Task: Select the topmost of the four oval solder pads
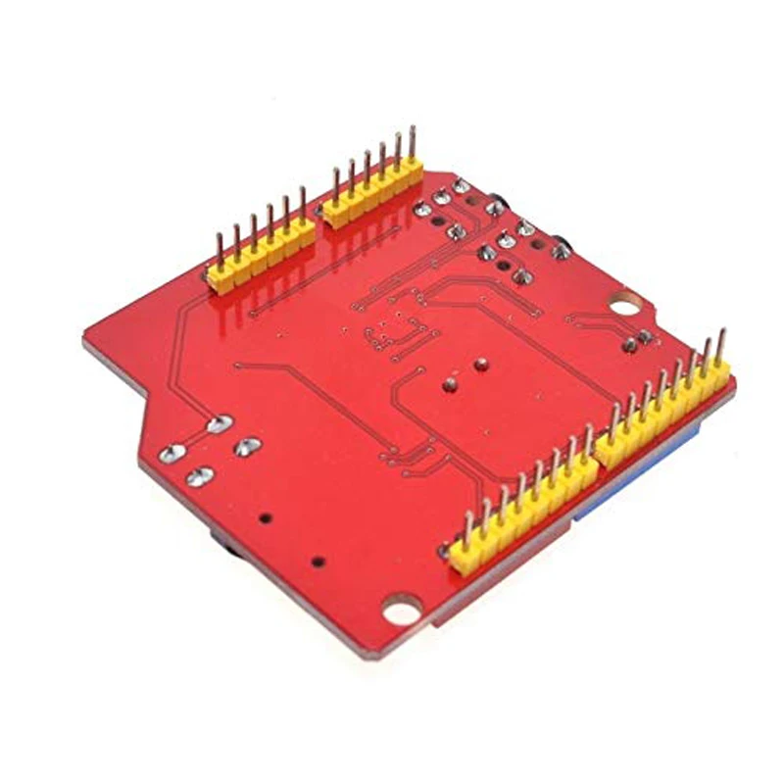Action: coord(220,424)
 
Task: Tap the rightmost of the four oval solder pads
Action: coord(246,447)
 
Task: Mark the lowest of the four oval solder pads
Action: coord(199,476)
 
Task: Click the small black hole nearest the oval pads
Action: coord(262,514)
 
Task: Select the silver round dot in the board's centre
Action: coord(450,382)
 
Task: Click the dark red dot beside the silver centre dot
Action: coord(480,367)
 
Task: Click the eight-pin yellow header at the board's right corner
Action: coord(663,412)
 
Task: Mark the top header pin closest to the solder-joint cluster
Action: coord(412,148)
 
